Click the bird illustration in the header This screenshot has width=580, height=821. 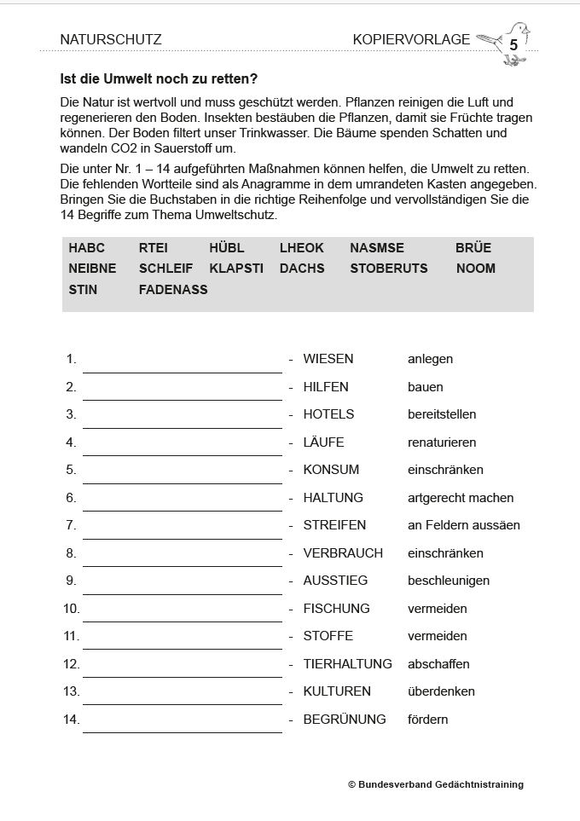(507, 43)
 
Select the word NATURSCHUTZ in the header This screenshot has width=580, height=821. (111, 40)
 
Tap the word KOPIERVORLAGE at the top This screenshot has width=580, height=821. (411, 40)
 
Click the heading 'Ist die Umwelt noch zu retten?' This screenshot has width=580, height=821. (159, 80)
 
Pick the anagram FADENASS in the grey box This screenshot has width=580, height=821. (173, 290)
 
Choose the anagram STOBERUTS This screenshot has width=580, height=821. (388, 269)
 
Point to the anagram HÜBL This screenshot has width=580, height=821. (226, 248)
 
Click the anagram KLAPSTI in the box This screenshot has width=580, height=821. (235, 269)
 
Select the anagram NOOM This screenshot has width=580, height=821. (475, 269)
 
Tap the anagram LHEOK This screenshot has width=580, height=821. (301, 248)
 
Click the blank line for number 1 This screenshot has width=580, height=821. (182, 366)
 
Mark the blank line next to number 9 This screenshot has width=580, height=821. (182, 587)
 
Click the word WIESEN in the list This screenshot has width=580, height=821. (328, 359)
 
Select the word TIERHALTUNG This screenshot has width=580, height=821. (347, 664)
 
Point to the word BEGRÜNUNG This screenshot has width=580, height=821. (345, 720)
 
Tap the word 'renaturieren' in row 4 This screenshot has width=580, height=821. (442, 442)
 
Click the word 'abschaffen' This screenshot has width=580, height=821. (438, 664)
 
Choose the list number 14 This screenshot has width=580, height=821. (71, 720)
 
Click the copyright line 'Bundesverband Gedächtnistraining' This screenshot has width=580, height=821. (436, 784)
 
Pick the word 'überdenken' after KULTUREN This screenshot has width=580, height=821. (441, 691)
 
